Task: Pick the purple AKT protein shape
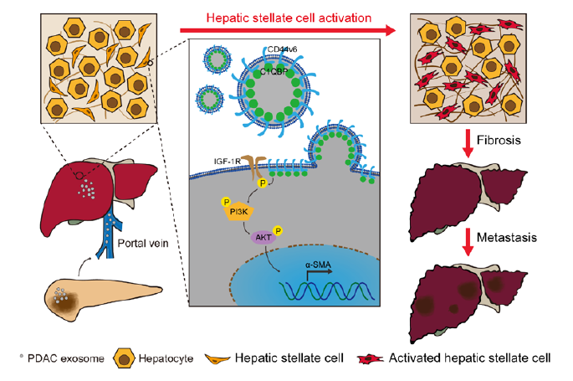tap(262, 237)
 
